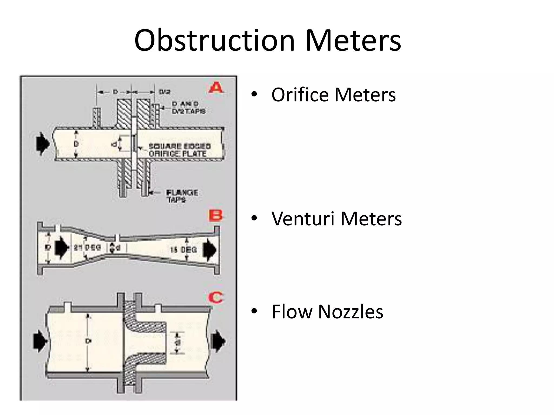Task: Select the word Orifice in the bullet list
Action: (x=300, y=95)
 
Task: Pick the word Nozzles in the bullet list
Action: (x=351, y=312)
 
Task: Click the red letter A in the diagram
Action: (x=216, y=88)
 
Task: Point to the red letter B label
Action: (x=216, y=216)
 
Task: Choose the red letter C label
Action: (x=216, y=298)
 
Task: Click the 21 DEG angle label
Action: (x=87, y=247)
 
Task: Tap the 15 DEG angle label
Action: (x=183, y=250)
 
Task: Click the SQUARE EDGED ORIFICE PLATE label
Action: (x=179, y=150)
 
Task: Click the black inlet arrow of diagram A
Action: (x=43, y=144)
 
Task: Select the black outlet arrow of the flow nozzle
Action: (x=218, y=342)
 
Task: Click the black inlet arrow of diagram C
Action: (x=40, y=342)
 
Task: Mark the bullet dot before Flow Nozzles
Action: (x=254, y=312)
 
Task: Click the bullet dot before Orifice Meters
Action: (x=254, y=95)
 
